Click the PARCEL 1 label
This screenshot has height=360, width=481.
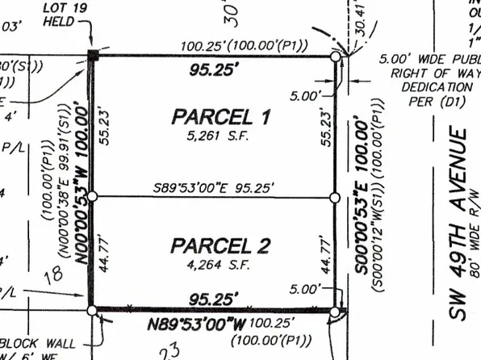tap(220, 117)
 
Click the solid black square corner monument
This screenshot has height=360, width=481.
tap(94, 56)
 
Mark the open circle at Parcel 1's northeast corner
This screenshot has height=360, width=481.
tap(335, 57)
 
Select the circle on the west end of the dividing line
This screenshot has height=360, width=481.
tap(93, 196)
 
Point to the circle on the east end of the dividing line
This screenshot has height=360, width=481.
tap(335, 196)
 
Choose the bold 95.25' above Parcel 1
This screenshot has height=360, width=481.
tap(214, 70)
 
